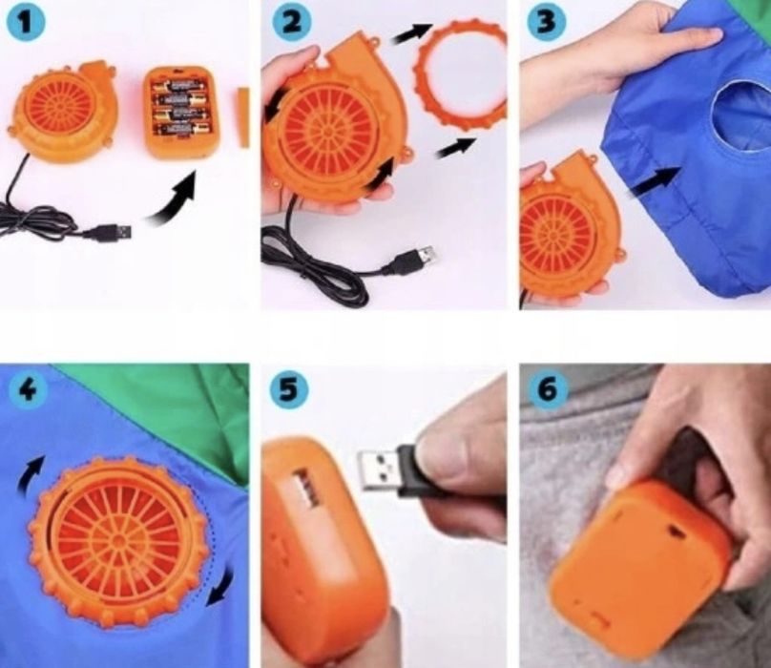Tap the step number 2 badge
point(292,22)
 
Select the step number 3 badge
point(547,21)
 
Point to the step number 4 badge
point(29,390)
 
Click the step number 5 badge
point(290,389)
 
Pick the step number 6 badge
point(549,389)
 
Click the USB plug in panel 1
point(110,232)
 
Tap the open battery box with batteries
point(182,113)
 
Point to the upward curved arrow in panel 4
point(30,473)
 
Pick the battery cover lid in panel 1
point(243,116)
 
